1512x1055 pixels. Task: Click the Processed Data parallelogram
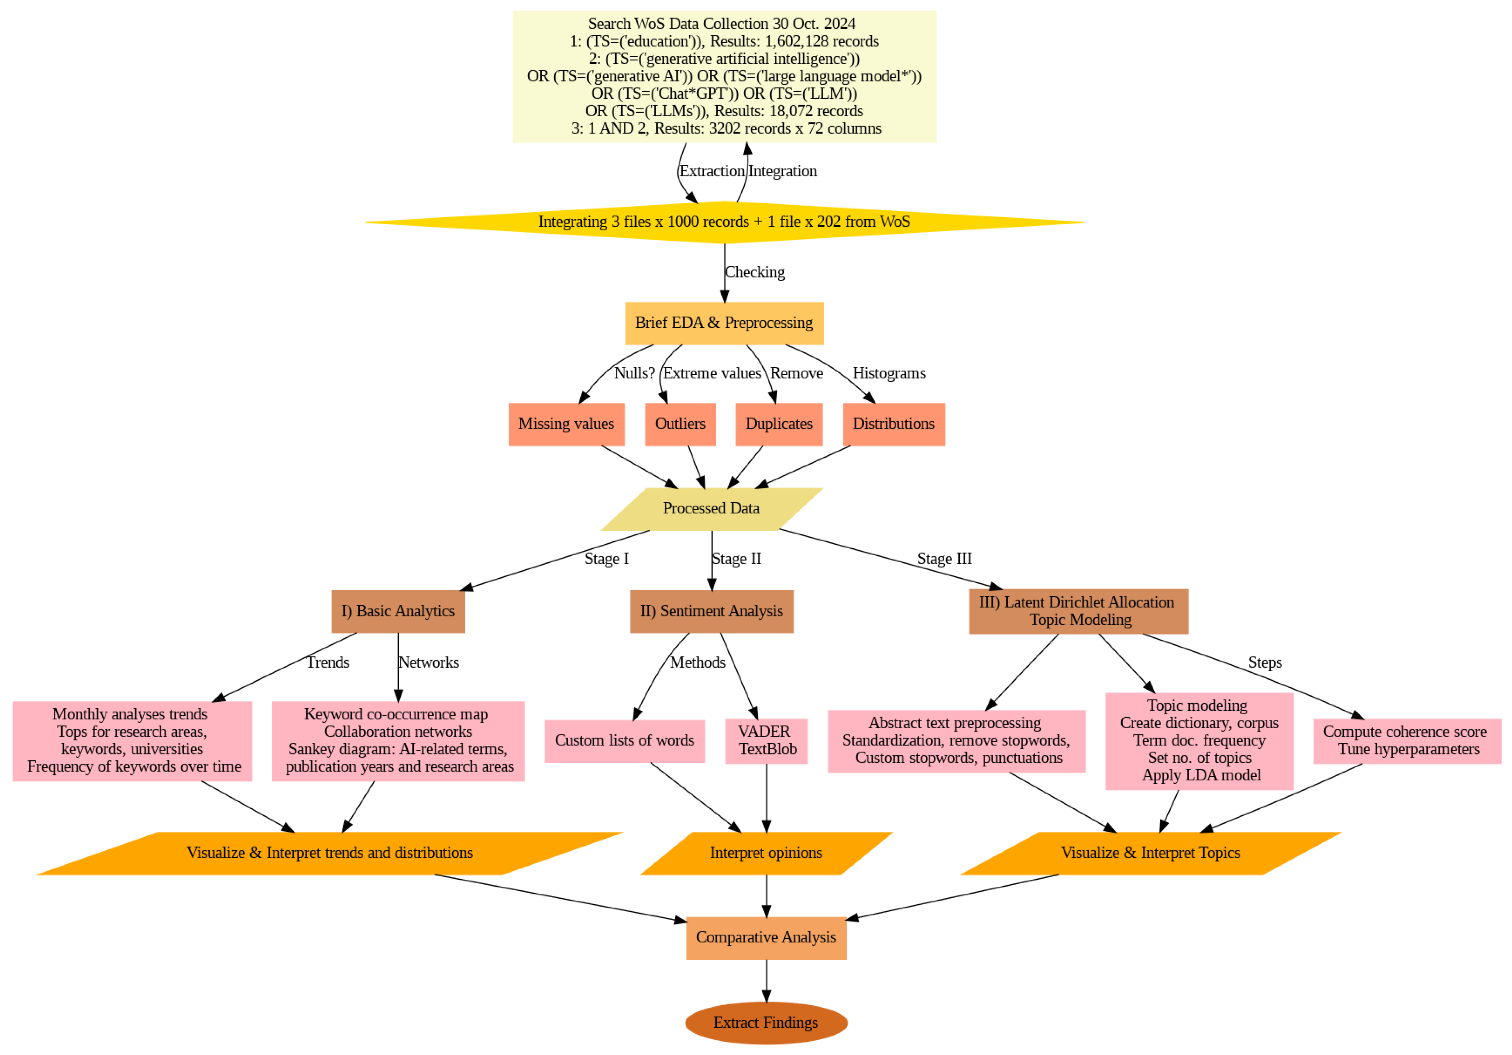(x=711, y=508)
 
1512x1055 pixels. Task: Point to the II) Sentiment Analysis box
(x=711, y=611)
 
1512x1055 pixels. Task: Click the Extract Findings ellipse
(x=766, y=1023)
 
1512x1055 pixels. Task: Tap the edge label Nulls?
(x=634, y=373)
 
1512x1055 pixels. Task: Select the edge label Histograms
(x=889, y=373)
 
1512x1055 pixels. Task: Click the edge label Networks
(x=429, y=662)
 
